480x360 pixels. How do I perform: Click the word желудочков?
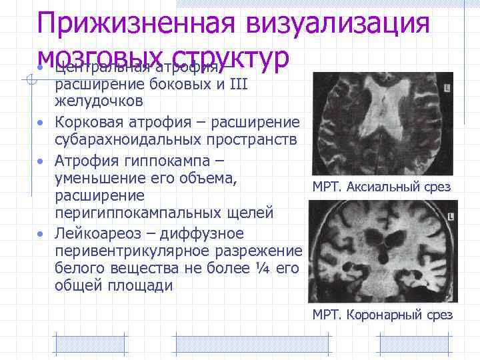tap(98, 102)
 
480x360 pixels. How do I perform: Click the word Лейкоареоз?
tap(98, 234)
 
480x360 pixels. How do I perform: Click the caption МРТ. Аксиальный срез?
tap(381, 187)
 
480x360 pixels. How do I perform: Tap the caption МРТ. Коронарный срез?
tap(382, 315)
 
